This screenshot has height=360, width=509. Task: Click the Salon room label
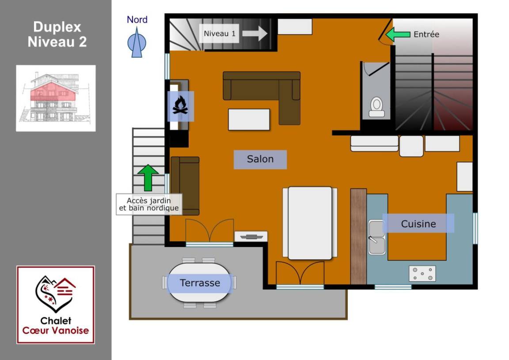coord(260,159)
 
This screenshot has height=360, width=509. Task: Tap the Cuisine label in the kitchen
coord(418,224)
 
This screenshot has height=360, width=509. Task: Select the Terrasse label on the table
coord(200,283)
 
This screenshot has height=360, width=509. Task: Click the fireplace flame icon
coord(180,106)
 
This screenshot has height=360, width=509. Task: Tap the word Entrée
coord(426,34)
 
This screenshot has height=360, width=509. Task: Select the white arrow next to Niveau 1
coord(255,34)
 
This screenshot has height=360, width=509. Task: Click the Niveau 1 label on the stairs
coord(220,34)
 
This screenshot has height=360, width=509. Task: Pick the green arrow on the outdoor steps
coord(148,177)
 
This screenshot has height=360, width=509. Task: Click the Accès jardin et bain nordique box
coord(149,204)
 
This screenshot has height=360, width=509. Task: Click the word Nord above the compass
coord(137,20)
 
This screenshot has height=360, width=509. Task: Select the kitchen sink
coord(377,237)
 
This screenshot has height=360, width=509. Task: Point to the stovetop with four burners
coord(422,274)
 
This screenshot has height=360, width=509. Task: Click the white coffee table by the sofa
coord(249,119)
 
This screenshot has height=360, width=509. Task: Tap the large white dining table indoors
coord(310,223)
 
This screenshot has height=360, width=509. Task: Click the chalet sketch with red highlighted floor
coord(56,98)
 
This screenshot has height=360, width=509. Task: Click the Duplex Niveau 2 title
coord(57,34)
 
